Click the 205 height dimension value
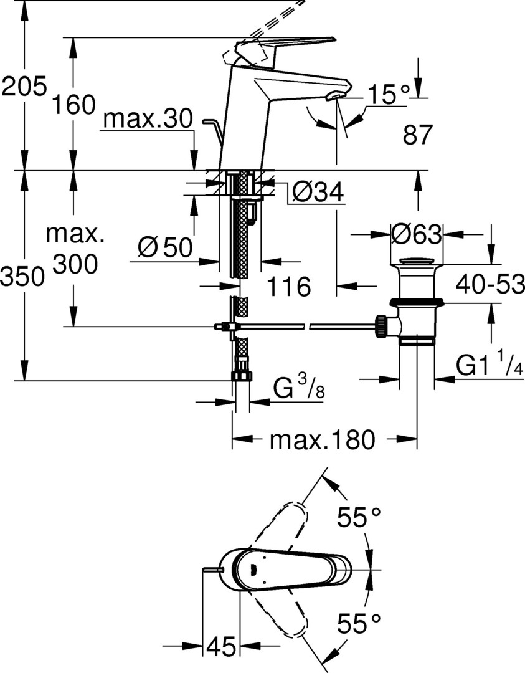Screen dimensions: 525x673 pyautogui.click(x=24, y=86)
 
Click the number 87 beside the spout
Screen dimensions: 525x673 pyautogui.click(x=417, y=135)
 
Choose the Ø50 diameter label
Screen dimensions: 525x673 pyautogui.click(x=165, y=247)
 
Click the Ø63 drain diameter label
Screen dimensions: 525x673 pyautogui.click(x=416, y=234)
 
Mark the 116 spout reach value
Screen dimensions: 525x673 pyautogui.click(x=289, y=286)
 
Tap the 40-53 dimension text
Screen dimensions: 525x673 pyautogui.click(x=490, y=284)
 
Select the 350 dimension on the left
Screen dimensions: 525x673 pyautogui.click(x=23, y=277)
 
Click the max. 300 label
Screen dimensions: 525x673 pyautogui.click(x=75, y=249)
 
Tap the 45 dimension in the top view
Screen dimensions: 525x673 pyautogui.click(x=222, y=645)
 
